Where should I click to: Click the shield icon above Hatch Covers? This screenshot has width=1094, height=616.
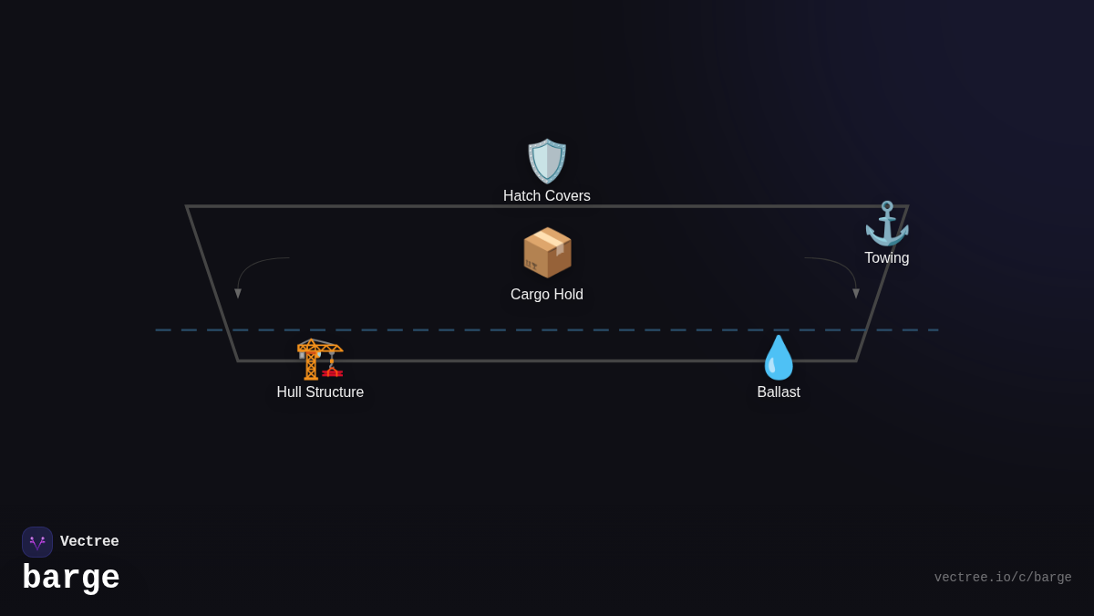547,161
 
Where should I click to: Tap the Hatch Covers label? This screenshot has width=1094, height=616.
547,196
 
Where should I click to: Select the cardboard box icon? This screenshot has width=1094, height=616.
547,253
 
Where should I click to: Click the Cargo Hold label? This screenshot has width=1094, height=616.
547,295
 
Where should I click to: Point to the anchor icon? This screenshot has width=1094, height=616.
886,224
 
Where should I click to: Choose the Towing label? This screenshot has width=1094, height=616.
886,258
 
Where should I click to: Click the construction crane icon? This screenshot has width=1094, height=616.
320,359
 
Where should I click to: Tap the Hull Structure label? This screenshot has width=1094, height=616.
320,392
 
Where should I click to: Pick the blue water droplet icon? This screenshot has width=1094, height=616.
779,358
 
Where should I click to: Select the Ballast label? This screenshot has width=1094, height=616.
779,392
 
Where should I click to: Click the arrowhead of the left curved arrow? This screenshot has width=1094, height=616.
238,294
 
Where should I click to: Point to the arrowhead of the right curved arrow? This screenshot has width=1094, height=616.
856,294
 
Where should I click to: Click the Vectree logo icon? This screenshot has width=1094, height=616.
37,542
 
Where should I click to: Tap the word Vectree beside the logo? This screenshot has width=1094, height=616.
89,542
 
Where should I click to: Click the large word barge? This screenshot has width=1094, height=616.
71,579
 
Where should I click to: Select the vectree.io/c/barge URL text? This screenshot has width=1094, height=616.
1003,578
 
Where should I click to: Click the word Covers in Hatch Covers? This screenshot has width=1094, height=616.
567,196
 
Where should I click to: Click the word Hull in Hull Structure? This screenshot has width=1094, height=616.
290,392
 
